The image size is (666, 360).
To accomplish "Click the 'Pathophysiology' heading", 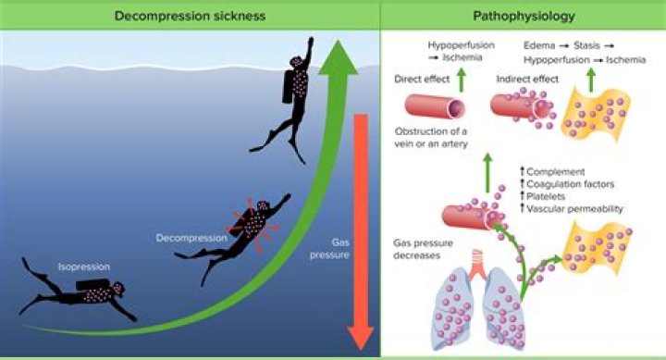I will pyautogui.click(x=524, y=15).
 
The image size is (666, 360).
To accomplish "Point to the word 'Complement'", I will pyautogui.click(x=558, y=172).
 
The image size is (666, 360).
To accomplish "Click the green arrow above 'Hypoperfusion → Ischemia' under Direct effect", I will pyautogui.click(x=460, y=66).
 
